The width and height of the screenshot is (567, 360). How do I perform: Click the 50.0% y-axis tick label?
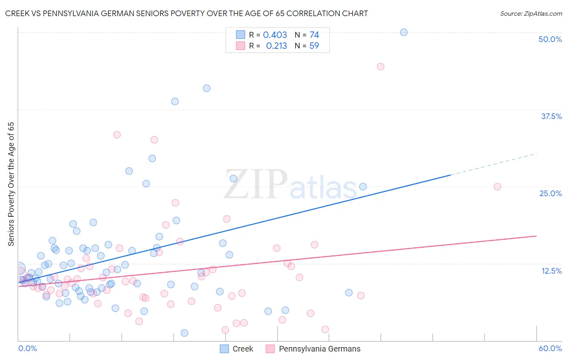click(x=550, y=39)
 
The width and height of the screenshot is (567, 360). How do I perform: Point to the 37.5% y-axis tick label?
click(x=551, y=116)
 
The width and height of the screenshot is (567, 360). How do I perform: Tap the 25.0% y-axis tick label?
click(x=550, y=193)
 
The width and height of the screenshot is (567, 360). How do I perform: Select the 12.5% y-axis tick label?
click(x=551, y=271)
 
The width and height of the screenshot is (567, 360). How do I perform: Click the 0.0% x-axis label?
click(x=27, y=348)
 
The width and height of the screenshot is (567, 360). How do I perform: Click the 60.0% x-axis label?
click(x=550, y=348)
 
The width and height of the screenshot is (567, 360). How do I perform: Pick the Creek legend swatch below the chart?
click(x=224, y=349)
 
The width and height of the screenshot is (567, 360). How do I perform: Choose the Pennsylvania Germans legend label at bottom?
click(x=319, y=349)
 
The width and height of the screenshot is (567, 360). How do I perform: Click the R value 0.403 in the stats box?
click(x=275, y=35)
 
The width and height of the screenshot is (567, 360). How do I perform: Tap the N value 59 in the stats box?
click(x=314, y=46)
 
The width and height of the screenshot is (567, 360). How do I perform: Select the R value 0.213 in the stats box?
click(x=277, y=46)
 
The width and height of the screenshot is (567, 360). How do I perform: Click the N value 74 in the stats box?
click(x=314, y=35)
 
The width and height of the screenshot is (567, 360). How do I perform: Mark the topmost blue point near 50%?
click(x=404, y=32)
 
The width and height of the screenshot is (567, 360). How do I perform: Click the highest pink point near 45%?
click(x=380, y=67)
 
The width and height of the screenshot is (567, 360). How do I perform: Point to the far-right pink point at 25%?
click(x=497, y=186)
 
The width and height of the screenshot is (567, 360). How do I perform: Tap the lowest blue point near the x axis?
click(x=184, y=333)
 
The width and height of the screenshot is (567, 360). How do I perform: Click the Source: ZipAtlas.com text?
click(x=531, y=14)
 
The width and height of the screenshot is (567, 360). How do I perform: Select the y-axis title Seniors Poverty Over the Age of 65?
click(x=11, y=184)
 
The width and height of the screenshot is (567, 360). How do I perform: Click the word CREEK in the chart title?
click(x=17, y=14)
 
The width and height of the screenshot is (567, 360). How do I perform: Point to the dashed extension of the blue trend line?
click(x=494, y=164)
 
